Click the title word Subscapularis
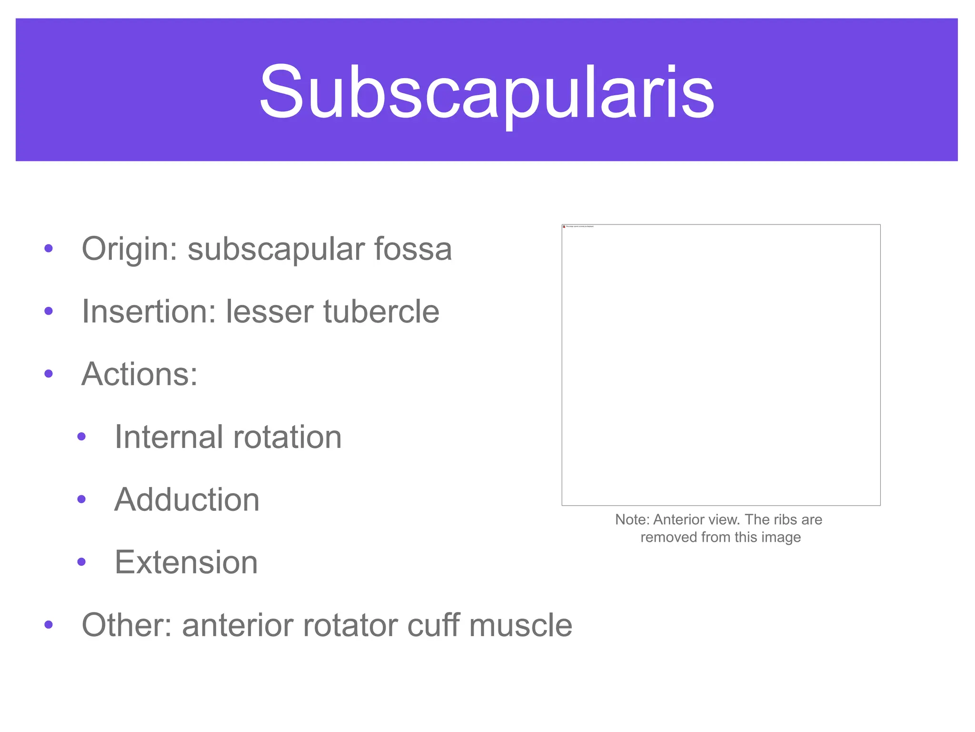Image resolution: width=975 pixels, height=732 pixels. [487, 91]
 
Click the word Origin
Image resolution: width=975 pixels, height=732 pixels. [125, 249]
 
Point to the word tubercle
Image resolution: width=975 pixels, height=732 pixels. [381, 312]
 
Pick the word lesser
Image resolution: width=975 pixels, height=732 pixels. [269, 312]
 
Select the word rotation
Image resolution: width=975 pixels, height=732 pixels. [287, 437]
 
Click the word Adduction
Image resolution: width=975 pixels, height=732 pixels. [187, 500]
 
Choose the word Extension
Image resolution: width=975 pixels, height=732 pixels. [186, 562]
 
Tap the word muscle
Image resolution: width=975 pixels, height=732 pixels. [520, 625]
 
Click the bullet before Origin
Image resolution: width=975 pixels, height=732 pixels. [48, 248]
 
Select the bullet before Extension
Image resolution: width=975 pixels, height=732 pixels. [81, 562]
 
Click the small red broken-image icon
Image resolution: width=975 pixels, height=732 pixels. [564, 227]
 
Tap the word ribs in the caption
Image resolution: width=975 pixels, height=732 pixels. [784, 519]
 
